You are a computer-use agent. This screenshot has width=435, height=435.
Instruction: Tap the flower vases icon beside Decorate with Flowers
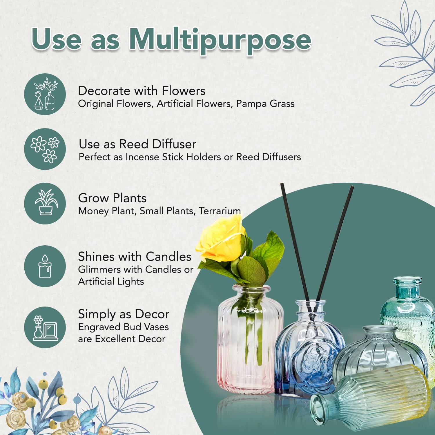click(x=45, y=94)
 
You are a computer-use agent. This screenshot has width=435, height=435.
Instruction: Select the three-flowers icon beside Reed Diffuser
click(x=45, y=149)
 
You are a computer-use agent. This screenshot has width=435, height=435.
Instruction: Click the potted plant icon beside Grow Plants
click(x=45, y=203)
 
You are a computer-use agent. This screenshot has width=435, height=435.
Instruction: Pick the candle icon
click(x=45, y=266)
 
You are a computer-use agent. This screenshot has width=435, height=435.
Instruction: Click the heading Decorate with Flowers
click(x=142, y=91)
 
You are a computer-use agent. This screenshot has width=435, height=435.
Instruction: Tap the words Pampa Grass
click(x=265, y=104)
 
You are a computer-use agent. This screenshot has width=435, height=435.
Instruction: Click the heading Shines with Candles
click(x=135, y=257)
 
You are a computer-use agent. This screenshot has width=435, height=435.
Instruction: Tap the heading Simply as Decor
click(x=124, y=314)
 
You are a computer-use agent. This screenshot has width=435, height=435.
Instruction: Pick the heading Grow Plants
click(x=112, y=198)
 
